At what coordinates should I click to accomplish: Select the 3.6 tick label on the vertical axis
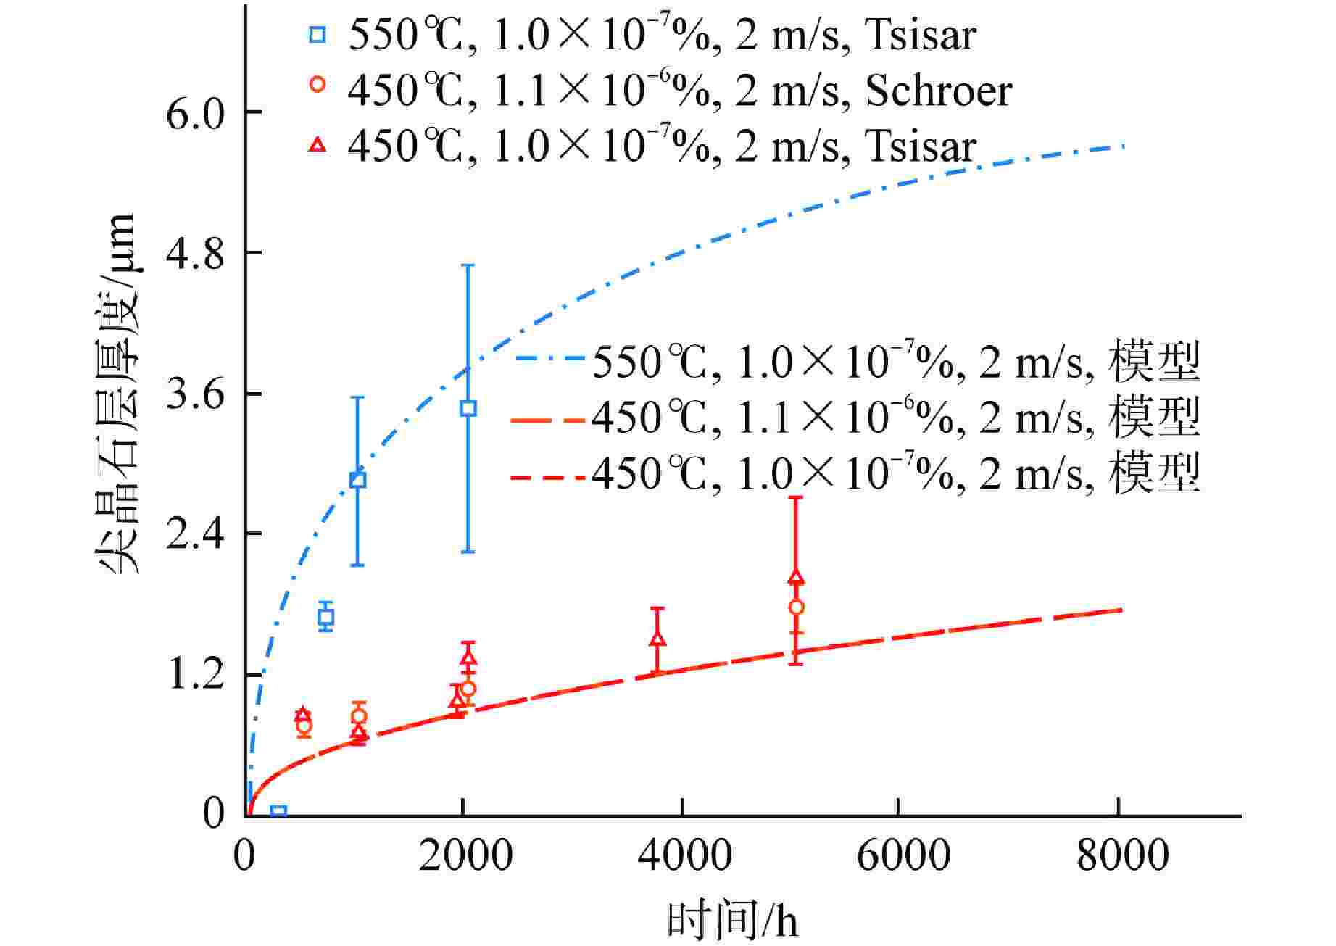click(x=195, y=395)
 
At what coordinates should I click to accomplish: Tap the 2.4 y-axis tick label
click(x=195, y=535)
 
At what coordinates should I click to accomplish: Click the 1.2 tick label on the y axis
click(x=195, y=676)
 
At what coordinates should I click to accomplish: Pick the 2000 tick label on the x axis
click(x=465, y=855)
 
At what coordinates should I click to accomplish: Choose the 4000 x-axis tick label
click(x=684, y=855)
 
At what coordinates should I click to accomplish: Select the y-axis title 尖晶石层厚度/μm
click(x=116, y=395)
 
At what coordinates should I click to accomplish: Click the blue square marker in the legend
click(x=318, y=34)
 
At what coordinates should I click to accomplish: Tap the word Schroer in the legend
click(x=938, y=91)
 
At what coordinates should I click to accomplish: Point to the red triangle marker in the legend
click(x=318, y=145)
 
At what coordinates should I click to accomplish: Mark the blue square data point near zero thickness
click(x=278, y=812)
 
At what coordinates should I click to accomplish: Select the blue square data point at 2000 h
click(x=468, y=408)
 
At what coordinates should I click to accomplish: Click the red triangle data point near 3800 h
click(x=657, y=639)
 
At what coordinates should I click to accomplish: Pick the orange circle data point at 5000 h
click(x=796, y=607)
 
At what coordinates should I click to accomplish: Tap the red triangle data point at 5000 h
click(x=796, y=578)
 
